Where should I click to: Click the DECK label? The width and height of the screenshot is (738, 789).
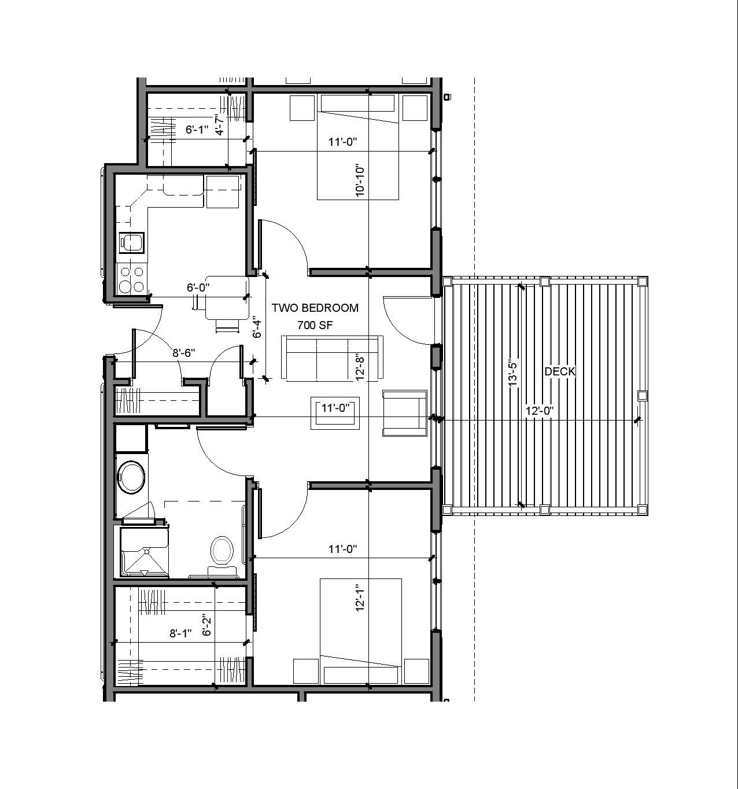559,371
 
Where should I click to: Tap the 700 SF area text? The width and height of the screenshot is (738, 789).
315,325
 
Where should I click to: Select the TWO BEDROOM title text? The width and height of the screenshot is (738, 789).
315,308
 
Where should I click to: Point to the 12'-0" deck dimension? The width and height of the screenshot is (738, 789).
540,411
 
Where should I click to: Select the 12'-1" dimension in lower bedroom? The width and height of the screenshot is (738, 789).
360,598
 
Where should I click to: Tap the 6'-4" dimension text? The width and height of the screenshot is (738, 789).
257,326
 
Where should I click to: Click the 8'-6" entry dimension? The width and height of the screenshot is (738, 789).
183,353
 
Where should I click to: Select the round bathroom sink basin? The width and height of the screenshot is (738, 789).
131,477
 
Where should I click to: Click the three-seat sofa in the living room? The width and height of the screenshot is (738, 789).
332,359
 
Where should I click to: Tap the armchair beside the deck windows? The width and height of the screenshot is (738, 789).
404,413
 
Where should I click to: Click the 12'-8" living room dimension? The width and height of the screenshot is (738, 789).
360,367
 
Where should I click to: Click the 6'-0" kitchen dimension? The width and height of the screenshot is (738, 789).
198,287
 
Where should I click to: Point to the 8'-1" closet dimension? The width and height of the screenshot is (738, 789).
181,633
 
